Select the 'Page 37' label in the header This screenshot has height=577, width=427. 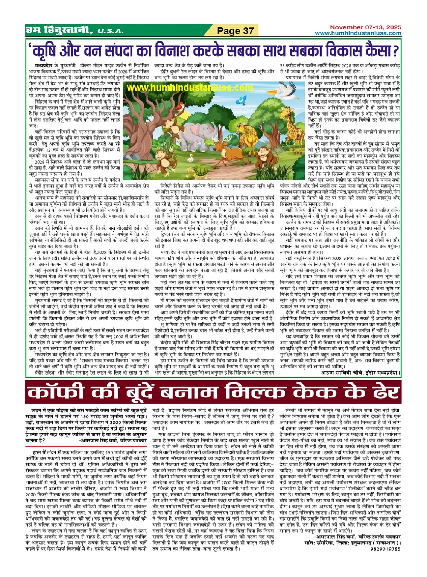pyautogui.click(x=236, y=31)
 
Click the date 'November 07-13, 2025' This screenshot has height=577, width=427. pyautogui.click(x=366, y=27)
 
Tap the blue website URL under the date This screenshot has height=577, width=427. pyautogui.click(x=358, y=33)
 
